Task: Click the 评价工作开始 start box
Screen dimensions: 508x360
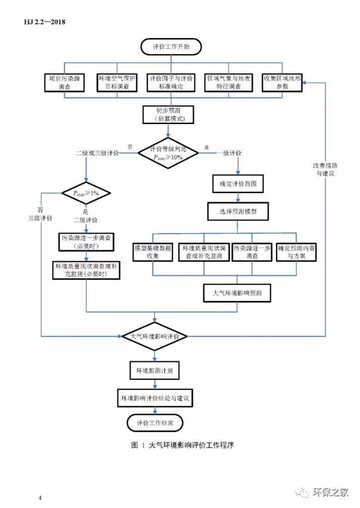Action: pos(171,46)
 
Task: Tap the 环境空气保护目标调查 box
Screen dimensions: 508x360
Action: pos(117,82)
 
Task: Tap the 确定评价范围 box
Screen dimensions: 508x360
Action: pos(237,184)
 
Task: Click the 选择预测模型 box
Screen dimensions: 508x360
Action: pos(237,210)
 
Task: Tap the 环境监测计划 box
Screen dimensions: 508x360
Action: pos(155,370)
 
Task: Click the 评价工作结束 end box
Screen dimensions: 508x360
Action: pos(155,423)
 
